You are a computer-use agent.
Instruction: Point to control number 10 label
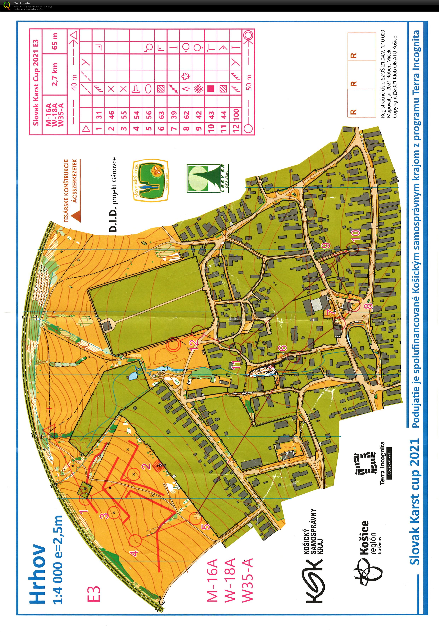[x=356, y=236]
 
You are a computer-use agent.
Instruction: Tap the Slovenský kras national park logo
[x=151, y=180]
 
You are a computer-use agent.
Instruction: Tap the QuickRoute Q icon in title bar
[x=7, y=5]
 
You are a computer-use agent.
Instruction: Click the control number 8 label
[x=369, y=305]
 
